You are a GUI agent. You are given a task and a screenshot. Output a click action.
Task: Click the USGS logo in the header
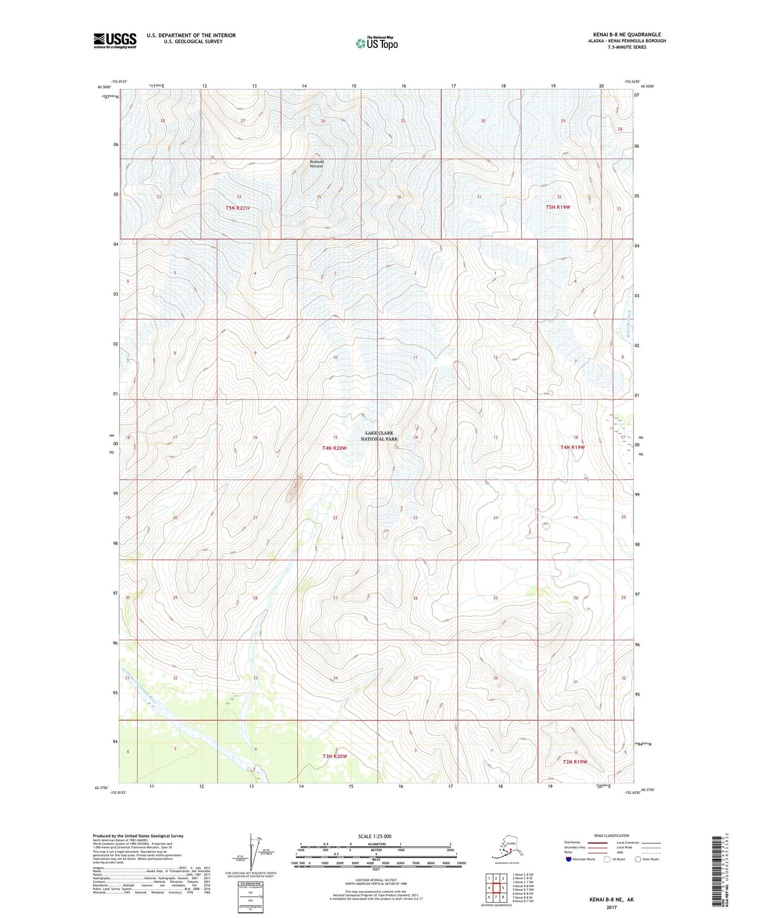115,40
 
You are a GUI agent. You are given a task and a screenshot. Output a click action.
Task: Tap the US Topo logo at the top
376,43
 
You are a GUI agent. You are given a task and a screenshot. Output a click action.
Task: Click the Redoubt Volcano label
316,164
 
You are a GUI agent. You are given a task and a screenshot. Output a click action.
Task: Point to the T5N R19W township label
558,207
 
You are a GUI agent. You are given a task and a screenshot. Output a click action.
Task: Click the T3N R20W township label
335,756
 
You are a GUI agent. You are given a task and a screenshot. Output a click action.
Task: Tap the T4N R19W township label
572,447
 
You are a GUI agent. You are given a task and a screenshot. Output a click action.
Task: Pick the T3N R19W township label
575,761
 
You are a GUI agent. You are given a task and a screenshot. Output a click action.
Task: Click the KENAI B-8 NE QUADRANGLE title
627,35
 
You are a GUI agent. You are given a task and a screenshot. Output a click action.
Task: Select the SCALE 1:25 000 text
375,837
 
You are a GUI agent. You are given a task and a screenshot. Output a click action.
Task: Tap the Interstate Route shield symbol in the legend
569,860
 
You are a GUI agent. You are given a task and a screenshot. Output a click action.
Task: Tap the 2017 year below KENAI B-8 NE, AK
612,907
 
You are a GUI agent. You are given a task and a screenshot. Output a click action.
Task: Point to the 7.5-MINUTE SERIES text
627,47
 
